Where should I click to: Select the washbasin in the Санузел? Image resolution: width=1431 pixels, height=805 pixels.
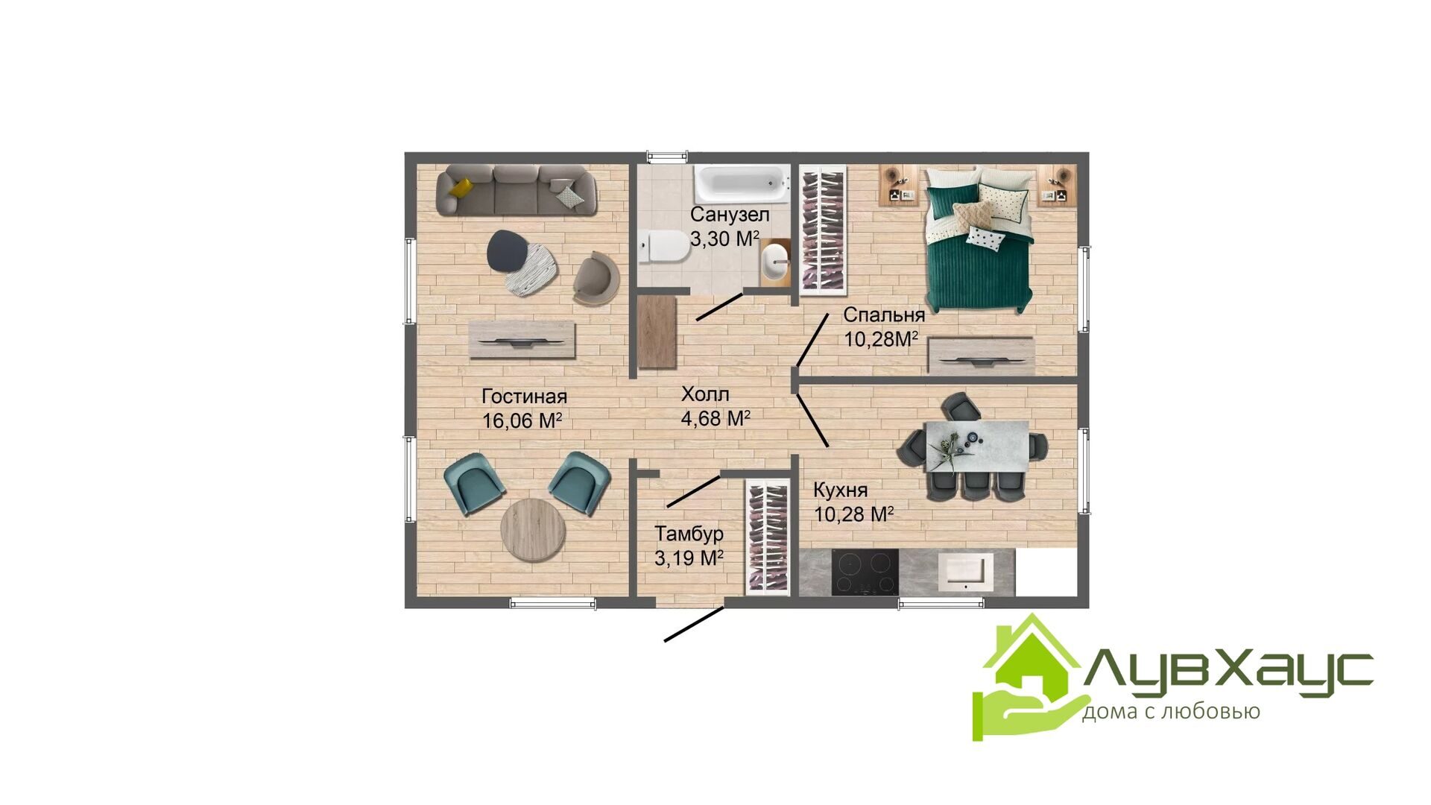[775, 263]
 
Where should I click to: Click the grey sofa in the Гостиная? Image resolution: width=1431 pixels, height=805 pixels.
[517, 190]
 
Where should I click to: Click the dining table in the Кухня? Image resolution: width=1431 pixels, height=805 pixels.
[976, 446]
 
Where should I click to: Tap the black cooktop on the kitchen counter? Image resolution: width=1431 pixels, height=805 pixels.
[865, 572]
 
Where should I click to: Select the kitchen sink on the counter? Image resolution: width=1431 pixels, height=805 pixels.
[965, 571]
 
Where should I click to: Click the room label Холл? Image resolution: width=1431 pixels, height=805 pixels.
[705, 394]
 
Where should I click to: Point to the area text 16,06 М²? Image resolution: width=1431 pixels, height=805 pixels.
[522, 421]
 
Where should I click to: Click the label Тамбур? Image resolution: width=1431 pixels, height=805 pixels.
[689, 534]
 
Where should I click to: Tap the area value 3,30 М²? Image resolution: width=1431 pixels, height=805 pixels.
[724, 239]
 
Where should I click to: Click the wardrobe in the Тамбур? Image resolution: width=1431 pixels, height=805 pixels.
[767, 537]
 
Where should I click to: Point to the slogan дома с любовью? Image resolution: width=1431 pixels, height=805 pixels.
[1171, 712]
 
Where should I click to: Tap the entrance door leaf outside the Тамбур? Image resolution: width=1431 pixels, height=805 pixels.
[694, 625]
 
